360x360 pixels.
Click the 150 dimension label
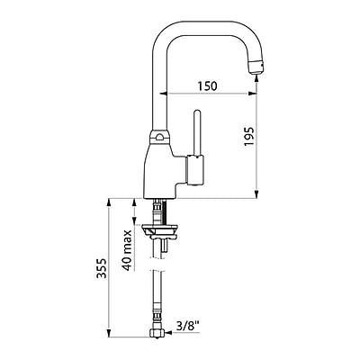pyautogui.click(x=207, y=86)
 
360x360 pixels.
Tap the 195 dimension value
pyautogui.click(x=249, y=137)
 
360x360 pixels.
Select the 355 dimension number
pyautogui.click(x=102, y=268)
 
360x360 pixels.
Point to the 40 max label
pyautogui.click(x=128, y=250)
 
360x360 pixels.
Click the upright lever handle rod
pyautogui.click(x=197, y=133)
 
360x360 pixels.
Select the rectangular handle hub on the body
pyautogui.click(x=195, y=170)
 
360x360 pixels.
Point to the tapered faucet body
pyautogui.click(x=161, y=172)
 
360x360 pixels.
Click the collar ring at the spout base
pyautogui.click(x=160, y=137)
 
